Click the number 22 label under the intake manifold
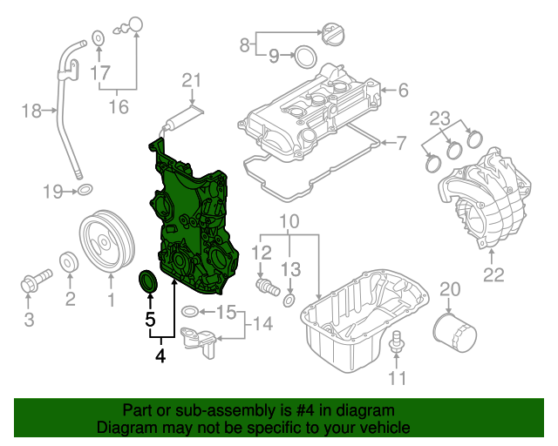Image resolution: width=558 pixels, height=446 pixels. [493, 276]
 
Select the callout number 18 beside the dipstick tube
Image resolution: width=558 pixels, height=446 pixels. [31, 111]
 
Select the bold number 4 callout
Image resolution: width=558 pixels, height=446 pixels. [160, 355]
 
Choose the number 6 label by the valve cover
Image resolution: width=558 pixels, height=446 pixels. [403, 90]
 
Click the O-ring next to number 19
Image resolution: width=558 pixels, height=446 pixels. [85, 190]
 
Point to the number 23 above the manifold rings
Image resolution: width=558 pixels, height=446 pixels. [439, 118]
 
